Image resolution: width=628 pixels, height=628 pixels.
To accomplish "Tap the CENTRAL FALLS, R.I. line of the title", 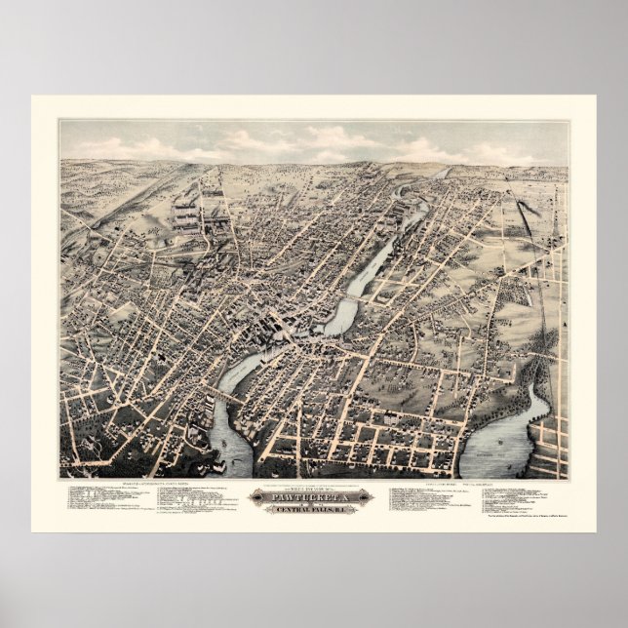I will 313,506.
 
